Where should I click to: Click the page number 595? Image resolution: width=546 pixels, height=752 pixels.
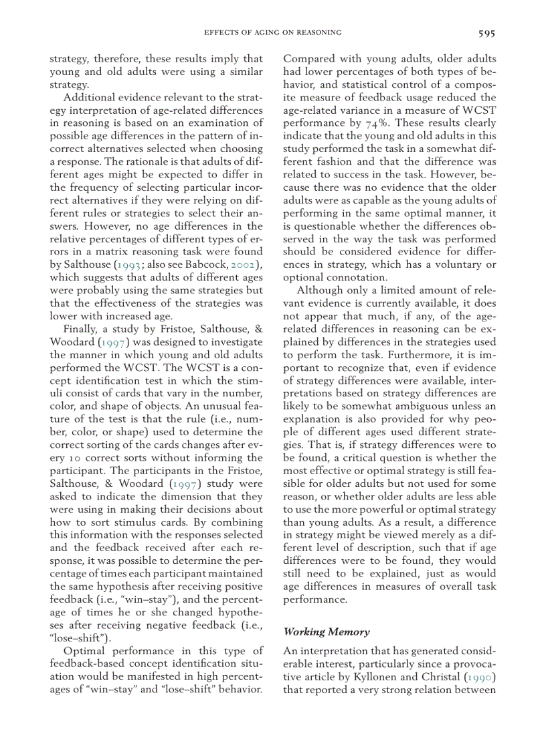tap(486, 32)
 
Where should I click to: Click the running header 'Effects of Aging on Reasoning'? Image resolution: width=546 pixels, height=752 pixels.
tap(272, 32)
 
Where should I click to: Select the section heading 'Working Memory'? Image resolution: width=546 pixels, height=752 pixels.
tap(317, 631)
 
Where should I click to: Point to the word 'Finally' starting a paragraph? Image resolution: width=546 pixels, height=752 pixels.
tap(80, 329)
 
